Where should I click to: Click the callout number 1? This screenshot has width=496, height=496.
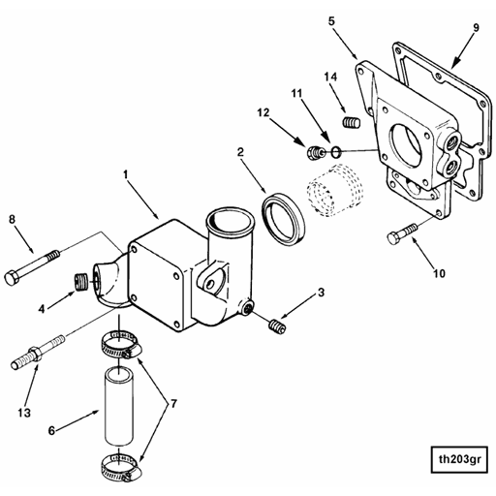(126, 174)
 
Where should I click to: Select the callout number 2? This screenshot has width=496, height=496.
(241, 151)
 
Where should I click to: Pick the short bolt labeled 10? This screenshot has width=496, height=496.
(404, 232)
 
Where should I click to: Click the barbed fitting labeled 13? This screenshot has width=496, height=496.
(37, 353)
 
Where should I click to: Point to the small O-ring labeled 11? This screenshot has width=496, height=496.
(335, 152)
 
